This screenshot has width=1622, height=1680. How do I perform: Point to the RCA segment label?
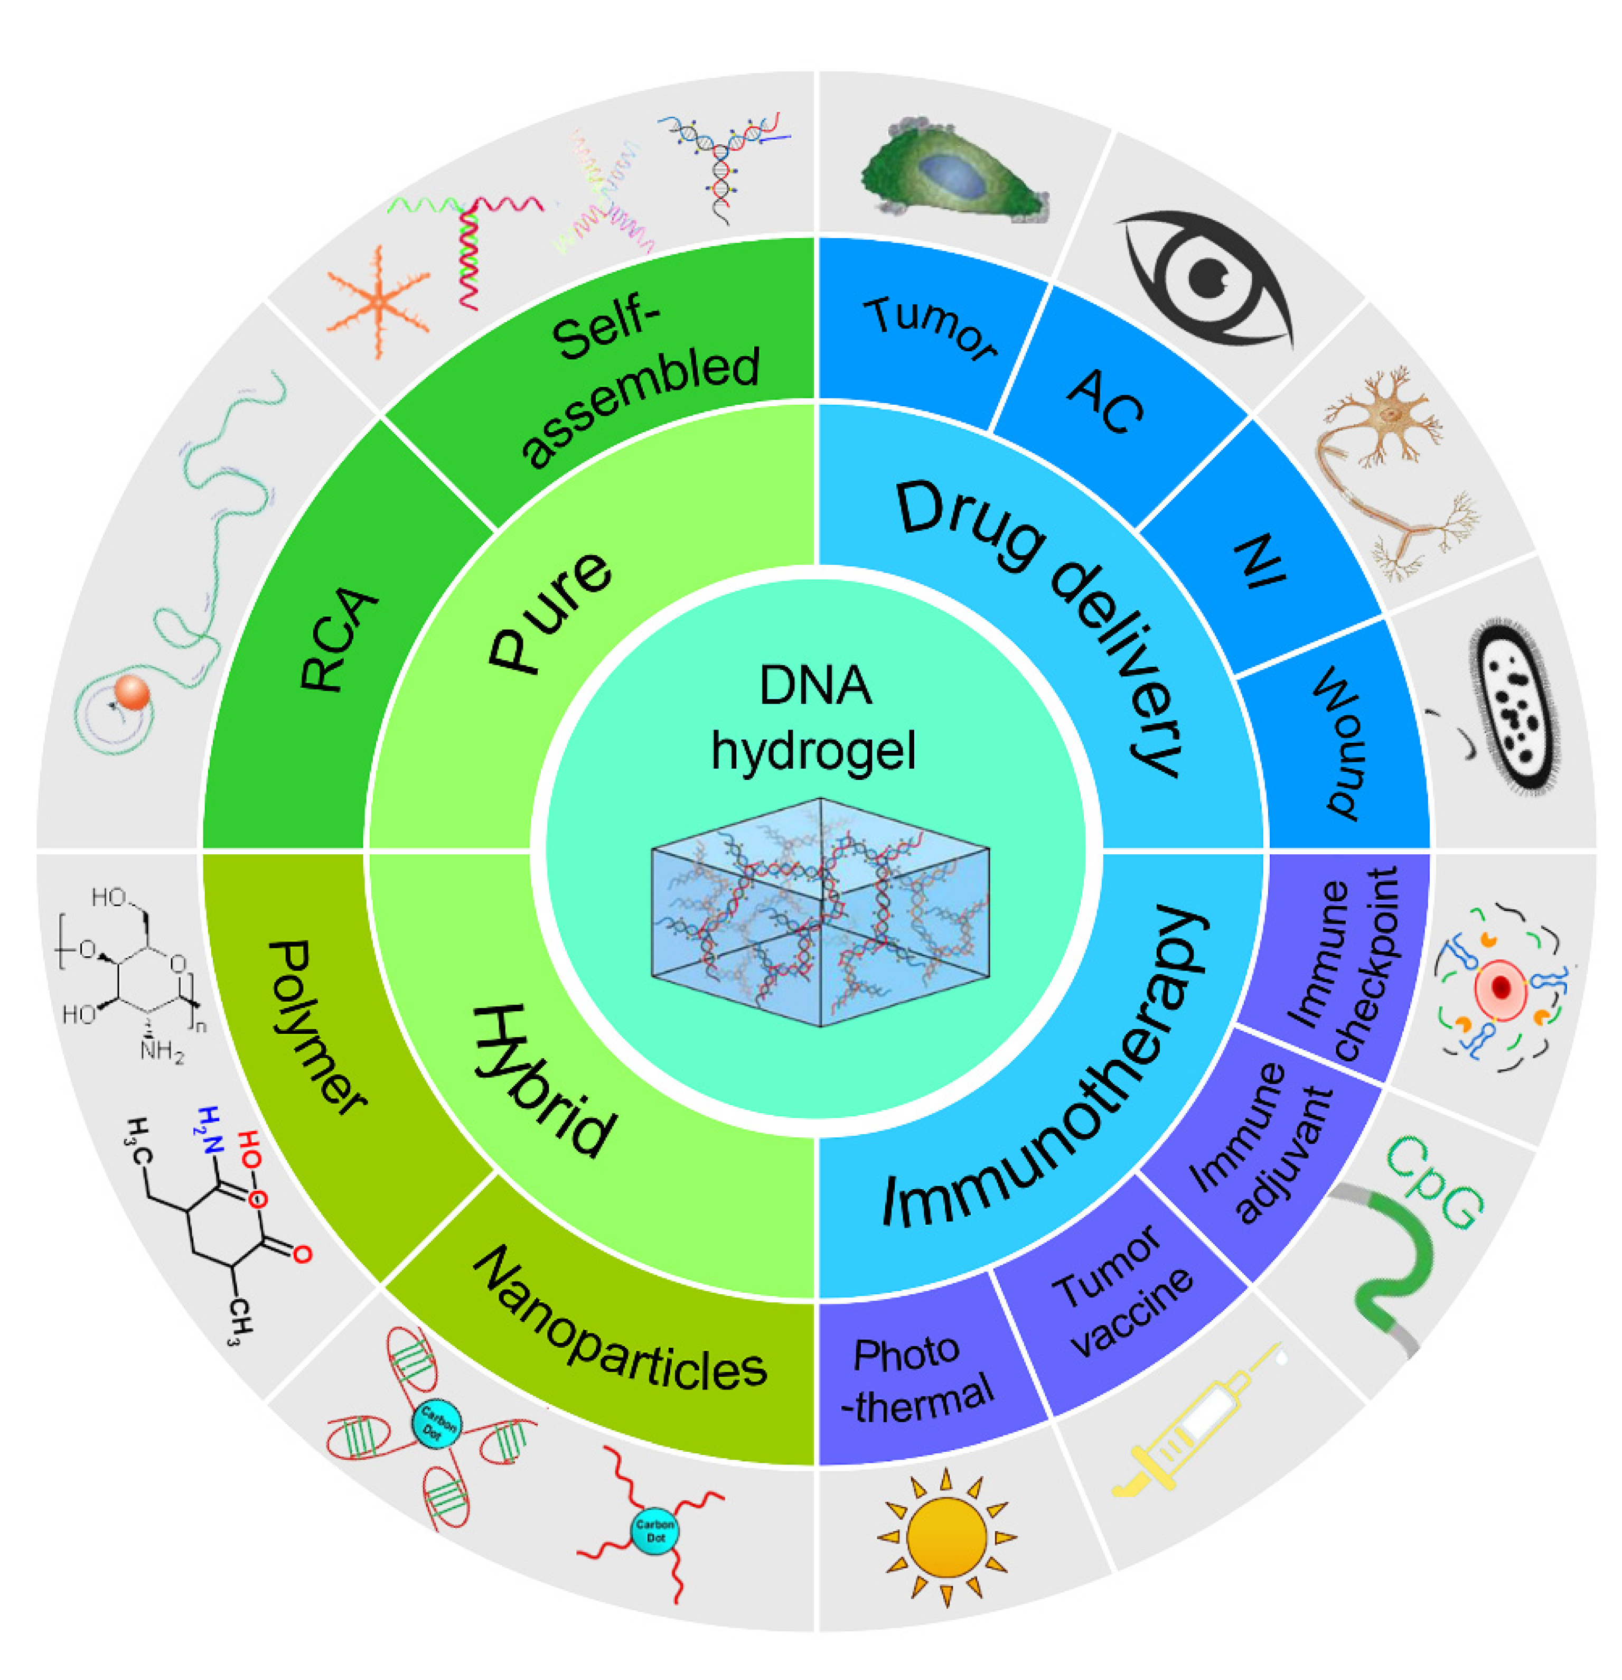[x=339, y=639]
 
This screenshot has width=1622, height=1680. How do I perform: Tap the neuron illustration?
[x=1392, y=471]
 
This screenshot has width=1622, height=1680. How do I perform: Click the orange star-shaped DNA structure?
[x=377, y=301]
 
